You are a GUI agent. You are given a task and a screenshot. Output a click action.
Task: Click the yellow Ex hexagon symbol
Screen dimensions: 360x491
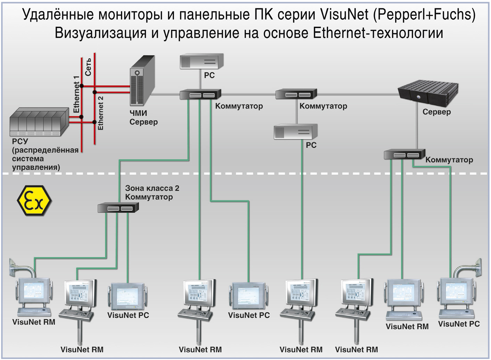tap(34, 201)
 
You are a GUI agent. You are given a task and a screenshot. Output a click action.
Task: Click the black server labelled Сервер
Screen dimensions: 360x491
tap(428, 94)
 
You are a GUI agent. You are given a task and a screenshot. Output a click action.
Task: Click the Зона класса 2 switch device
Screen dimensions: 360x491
tap(118, 208)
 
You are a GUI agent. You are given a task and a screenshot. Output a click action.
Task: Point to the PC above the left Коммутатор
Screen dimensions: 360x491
tap(202, 61)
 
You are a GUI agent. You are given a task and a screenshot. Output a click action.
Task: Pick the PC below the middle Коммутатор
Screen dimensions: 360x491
tap(296, 132)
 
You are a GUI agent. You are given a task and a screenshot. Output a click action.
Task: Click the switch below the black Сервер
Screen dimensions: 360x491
tap(404, 154)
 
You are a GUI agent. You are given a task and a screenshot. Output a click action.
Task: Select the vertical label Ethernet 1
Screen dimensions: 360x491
tap(76, 94)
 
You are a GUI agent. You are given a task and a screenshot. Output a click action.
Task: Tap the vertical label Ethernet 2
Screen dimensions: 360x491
tap(101, 113)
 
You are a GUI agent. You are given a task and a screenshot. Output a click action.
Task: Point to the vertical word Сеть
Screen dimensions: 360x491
tap(88, 67)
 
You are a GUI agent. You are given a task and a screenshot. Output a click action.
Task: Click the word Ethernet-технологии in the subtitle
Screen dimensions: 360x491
tap(378, 33)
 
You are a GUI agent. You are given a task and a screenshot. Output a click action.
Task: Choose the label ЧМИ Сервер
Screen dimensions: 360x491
tap(144, 117)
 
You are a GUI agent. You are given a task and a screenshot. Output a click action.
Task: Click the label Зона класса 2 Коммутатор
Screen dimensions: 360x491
tap(152, 192)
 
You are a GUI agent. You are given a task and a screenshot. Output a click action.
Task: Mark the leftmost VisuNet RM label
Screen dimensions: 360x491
tap(34, 322)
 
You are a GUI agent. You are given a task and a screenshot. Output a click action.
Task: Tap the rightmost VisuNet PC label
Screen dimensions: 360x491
tap(459, 324)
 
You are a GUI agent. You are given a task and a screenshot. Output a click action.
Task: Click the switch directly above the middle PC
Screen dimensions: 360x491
tap(296, 94)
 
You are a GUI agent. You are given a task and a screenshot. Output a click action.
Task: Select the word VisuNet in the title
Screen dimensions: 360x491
tap(344, 15)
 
